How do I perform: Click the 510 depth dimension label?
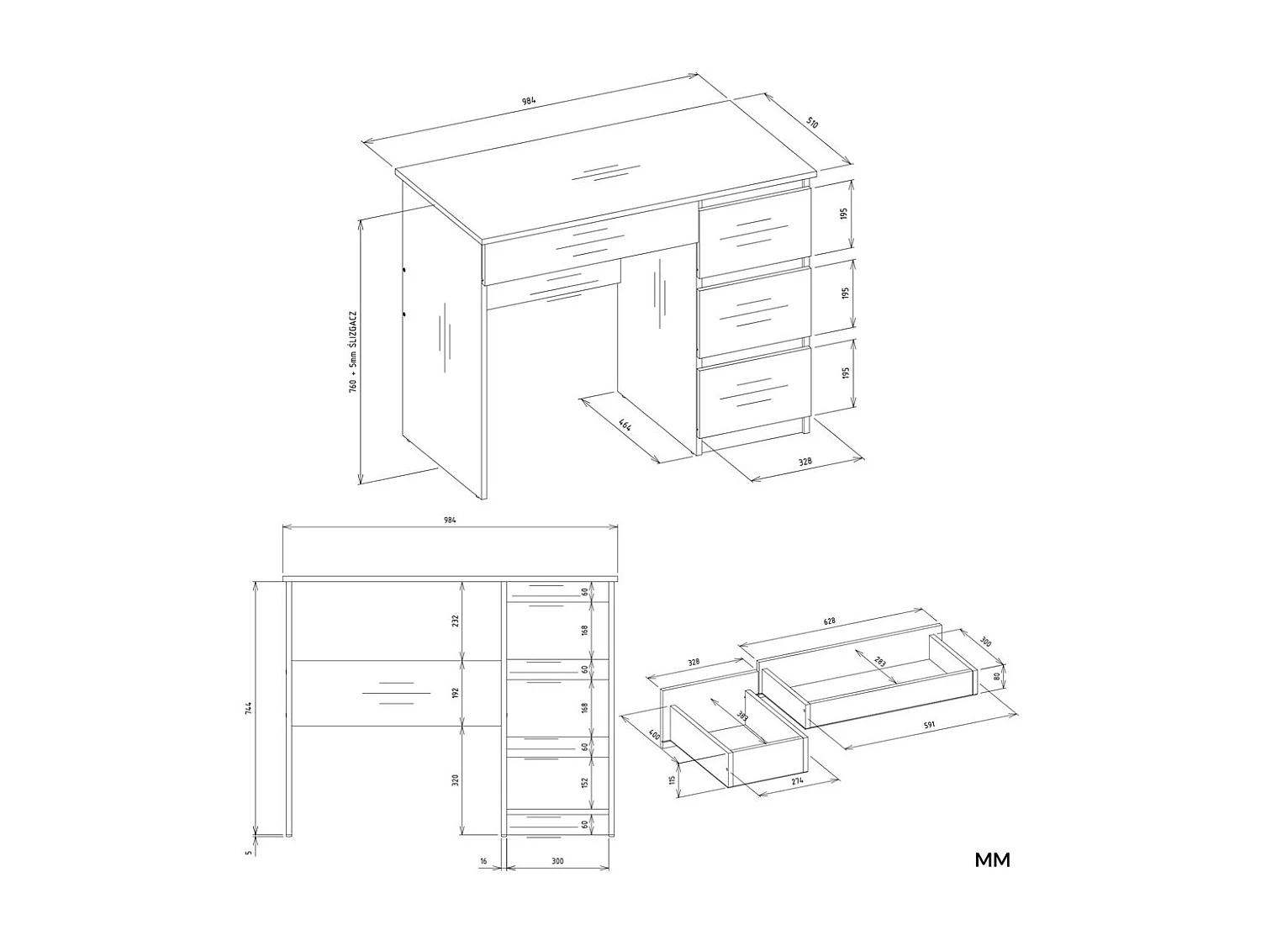812,123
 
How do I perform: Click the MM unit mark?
992,859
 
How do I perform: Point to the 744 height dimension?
249,708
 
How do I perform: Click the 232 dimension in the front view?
456,621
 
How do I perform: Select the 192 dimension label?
456,693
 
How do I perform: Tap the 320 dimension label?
456,780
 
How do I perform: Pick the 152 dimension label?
585,782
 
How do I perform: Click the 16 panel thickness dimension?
483,861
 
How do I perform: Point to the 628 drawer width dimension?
830,621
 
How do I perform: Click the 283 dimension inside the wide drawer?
879,663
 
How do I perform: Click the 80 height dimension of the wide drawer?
996,674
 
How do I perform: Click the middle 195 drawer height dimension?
846,293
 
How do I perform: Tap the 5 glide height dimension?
249,852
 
